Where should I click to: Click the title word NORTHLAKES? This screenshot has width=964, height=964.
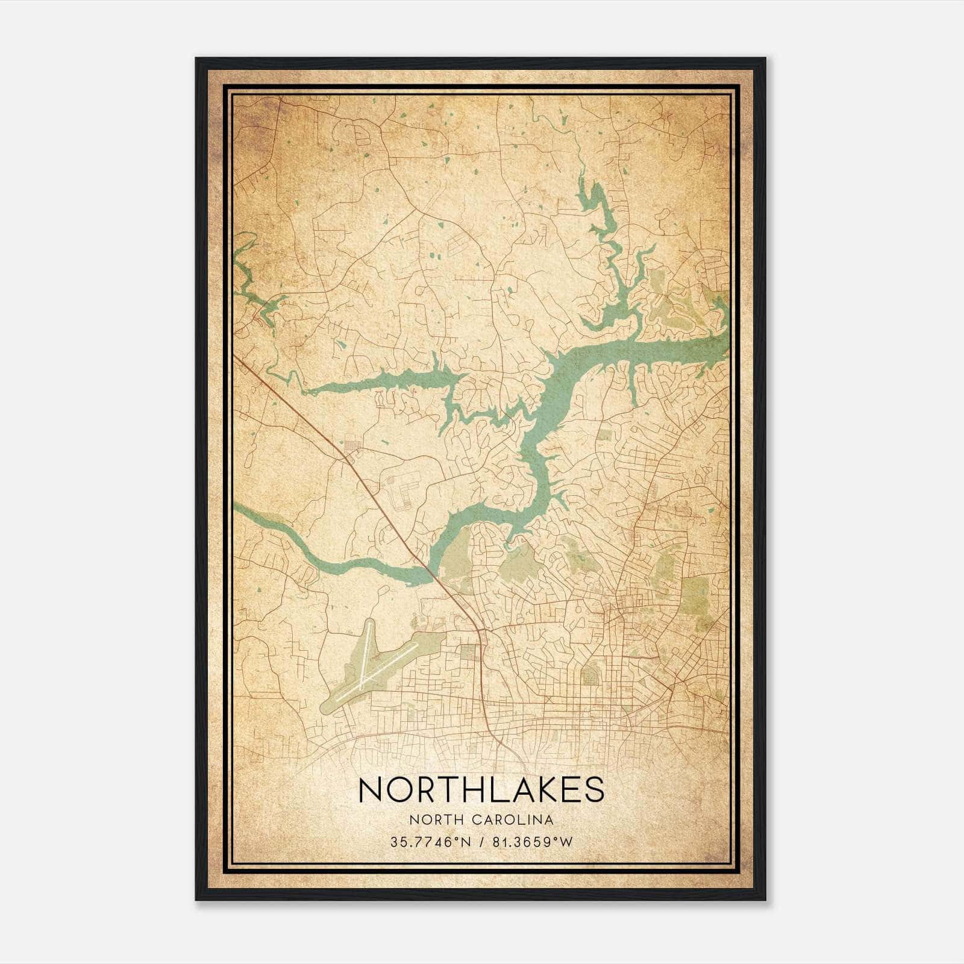click(x=481, y=790)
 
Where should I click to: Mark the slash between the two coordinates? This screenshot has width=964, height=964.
click(x=480, y=842)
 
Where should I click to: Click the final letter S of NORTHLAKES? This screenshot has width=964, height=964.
click(x=593, y=790)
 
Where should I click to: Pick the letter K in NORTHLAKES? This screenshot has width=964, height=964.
click(x=534, y=790)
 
